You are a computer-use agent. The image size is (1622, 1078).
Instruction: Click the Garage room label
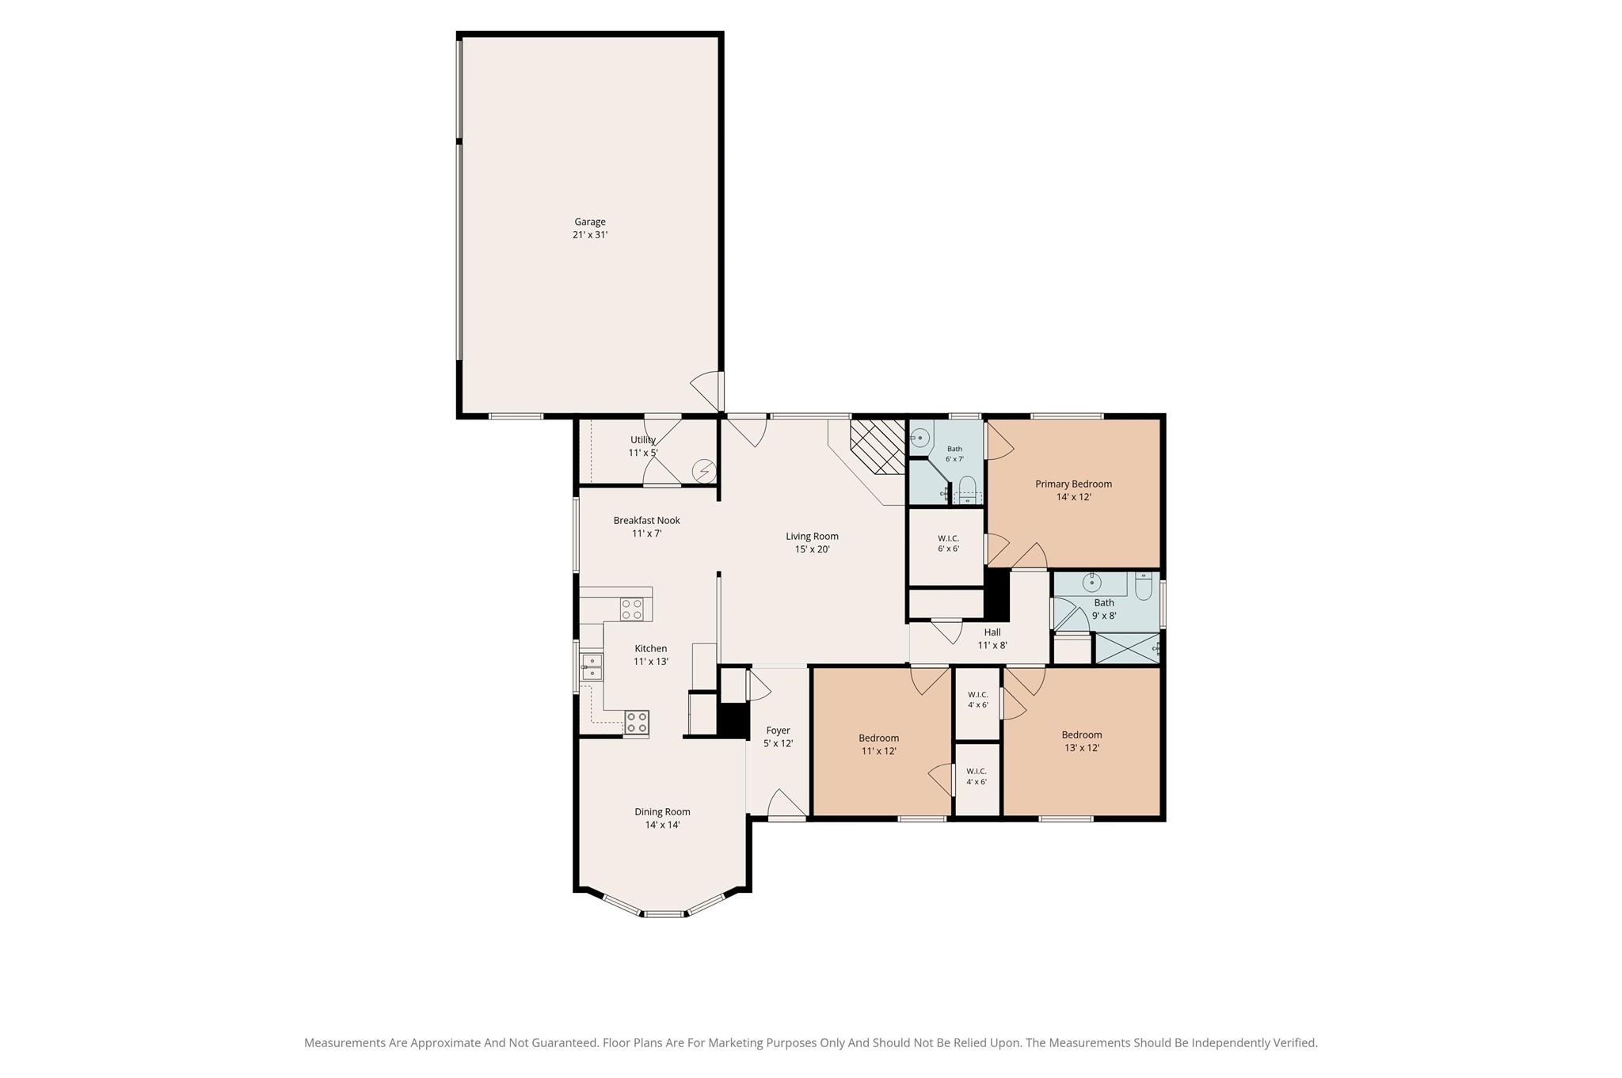pyautogui.click(x=590, y=222)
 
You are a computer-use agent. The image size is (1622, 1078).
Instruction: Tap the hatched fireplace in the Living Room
pyautogui.click(x=878, y=446)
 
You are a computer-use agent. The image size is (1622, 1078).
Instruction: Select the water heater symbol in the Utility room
pyautogui.click(x=703, y=472)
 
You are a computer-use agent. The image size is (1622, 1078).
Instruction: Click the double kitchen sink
pyautogui.click(x=591, y=666)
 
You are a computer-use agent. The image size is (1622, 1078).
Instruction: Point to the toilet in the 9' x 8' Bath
pyautogui.click(x=1143, y=585)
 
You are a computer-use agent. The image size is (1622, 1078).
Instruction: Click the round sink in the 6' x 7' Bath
pyautogui.click(x=920, y=436)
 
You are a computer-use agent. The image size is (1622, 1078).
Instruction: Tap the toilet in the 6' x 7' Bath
pyautogui.click(x=967, y=490)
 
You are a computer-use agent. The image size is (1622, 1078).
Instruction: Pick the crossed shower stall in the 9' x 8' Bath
pyautogui.click(x=1127, y=648)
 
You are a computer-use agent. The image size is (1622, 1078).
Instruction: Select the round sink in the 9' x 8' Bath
pyautogui.click(x=1092, y=583)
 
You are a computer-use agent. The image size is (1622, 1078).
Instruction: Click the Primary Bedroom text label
pyautogui.click(x=1073, y=484)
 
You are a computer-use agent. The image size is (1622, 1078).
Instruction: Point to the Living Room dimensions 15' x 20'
pyautogui.click(x=812, y=549)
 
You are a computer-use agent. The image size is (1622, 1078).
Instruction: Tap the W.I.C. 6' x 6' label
pyautogui.click(x=948, y=543)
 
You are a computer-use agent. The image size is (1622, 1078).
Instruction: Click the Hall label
pyautogui.click(x=992, y=632)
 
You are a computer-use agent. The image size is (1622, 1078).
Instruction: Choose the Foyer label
pyautogui.click(x=778, y=731)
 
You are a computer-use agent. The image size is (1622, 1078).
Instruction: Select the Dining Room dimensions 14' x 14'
pyautogui.click(x=662, y=825)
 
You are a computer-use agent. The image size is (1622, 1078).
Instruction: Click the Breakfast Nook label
pyautogui.click(x=646, y=520)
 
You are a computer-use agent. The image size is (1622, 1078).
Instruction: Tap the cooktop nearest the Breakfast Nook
pyautogui.click(x=631, y=609)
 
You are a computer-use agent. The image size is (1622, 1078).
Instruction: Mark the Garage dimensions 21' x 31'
pyautogui.click(x=590, y=235)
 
